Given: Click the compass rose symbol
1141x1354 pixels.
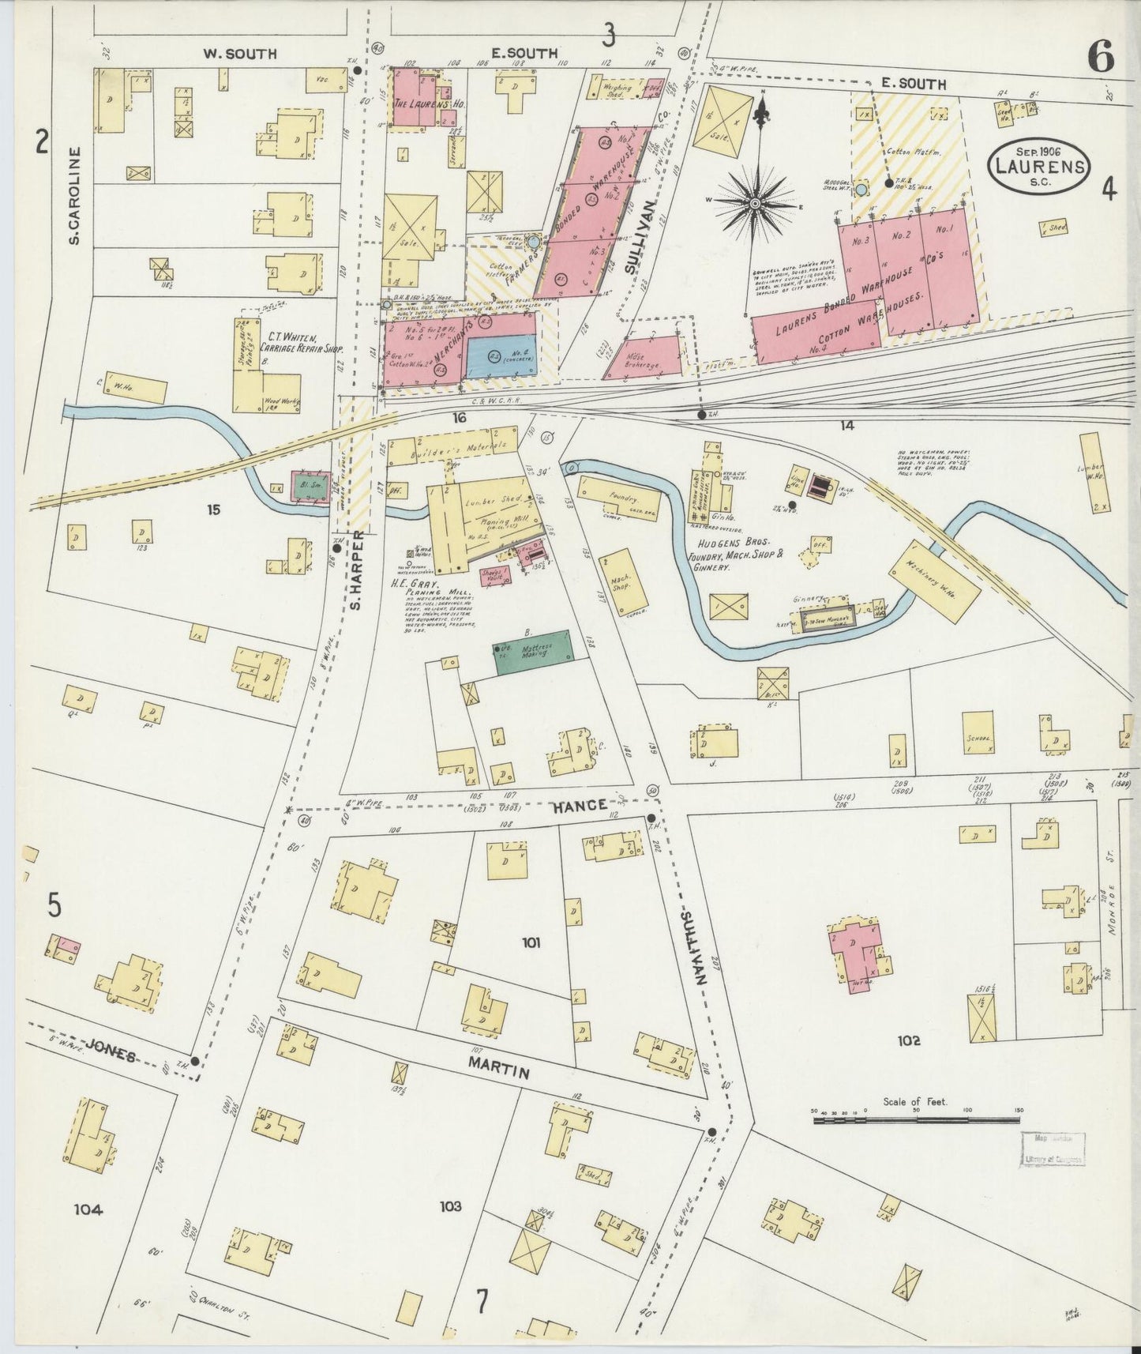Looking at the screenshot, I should [x=756, y=203].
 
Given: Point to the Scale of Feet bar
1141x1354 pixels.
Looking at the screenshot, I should [x=916, y=1119].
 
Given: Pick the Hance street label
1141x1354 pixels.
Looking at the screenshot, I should [x=580, y=805].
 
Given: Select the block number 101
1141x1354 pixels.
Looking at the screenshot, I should [x=531, y=942].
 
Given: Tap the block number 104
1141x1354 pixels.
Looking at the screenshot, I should [x=88, y=1209].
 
